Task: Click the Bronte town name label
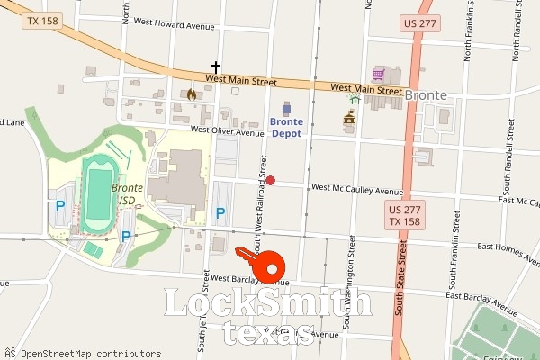point(426,94)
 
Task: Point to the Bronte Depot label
point(287,126)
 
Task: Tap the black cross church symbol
point(215,67)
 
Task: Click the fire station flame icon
point(191,93)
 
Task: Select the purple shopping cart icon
point(379,74)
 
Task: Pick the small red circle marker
point(270,181)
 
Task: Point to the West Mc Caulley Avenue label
point(356,190)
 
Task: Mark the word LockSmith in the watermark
point(267,304)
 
